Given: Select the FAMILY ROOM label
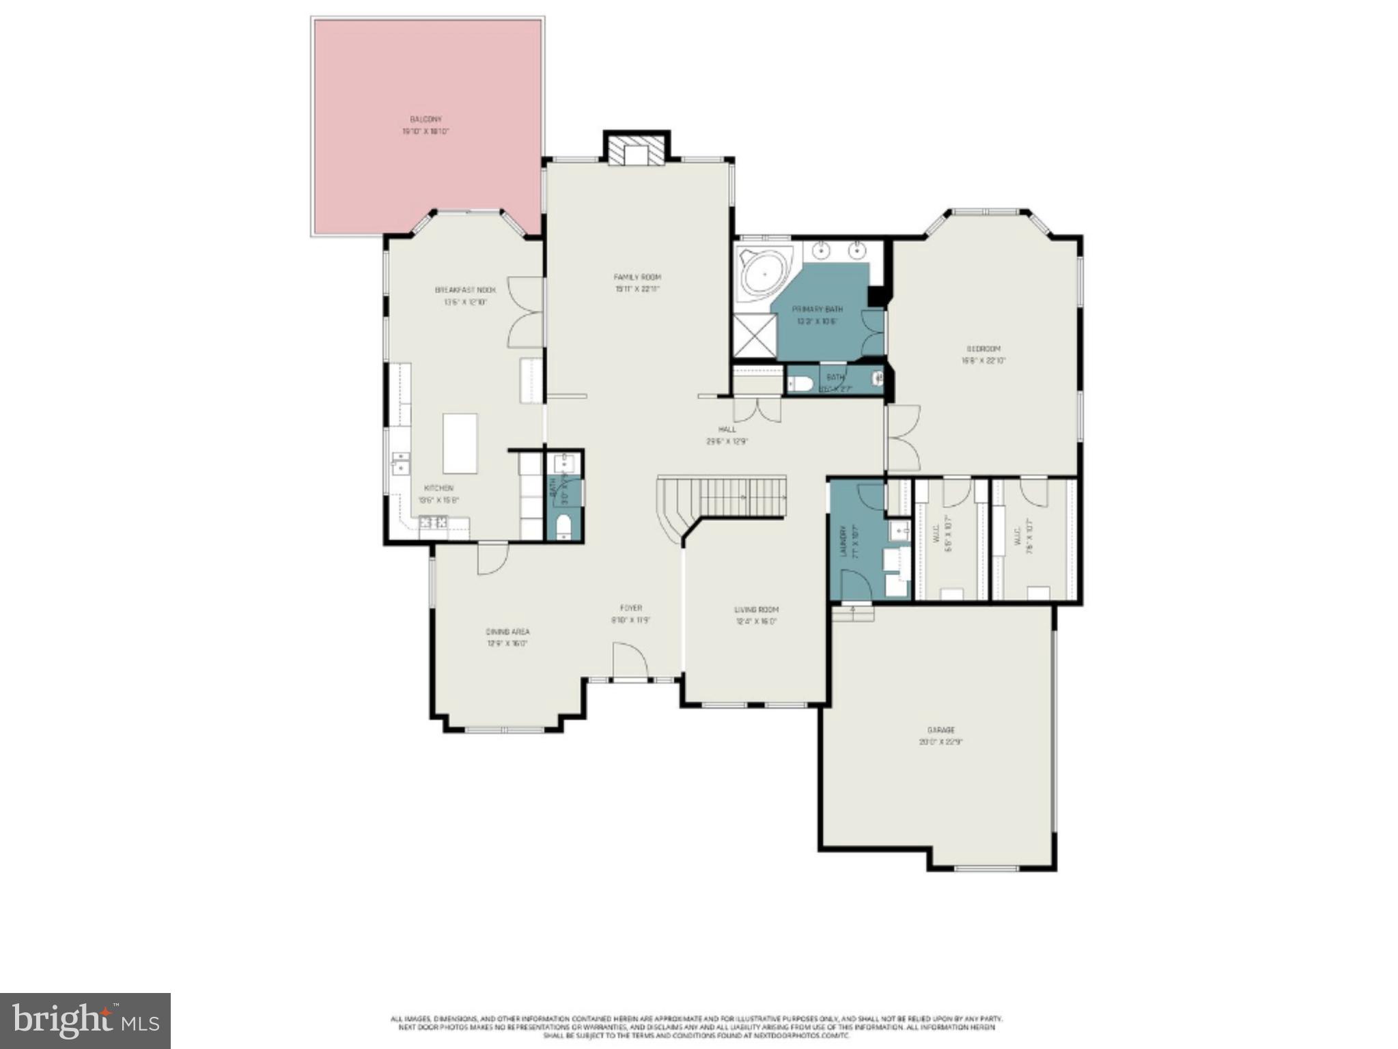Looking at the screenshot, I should [x=637, y=277].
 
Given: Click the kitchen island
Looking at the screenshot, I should [x=460, y=443].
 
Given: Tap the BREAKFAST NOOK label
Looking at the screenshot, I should [x=465, y=290].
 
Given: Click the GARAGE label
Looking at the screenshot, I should [x=940, y=730].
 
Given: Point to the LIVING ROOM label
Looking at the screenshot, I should [x=756, y=610].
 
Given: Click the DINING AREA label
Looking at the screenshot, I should [x=507, y=632].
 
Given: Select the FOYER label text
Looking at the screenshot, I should [x=630, y=608].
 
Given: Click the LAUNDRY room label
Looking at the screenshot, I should [x=845, y=541].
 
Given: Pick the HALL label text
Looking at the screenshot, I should [x=727, y=430].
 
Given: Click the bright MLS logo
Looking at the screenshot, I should [x=85, y=1020].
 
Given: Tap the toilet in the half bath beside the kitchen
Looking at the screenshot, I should [x=563, y=526].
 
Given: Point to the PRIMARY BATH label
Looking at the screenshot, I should [x=817, y=309].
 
